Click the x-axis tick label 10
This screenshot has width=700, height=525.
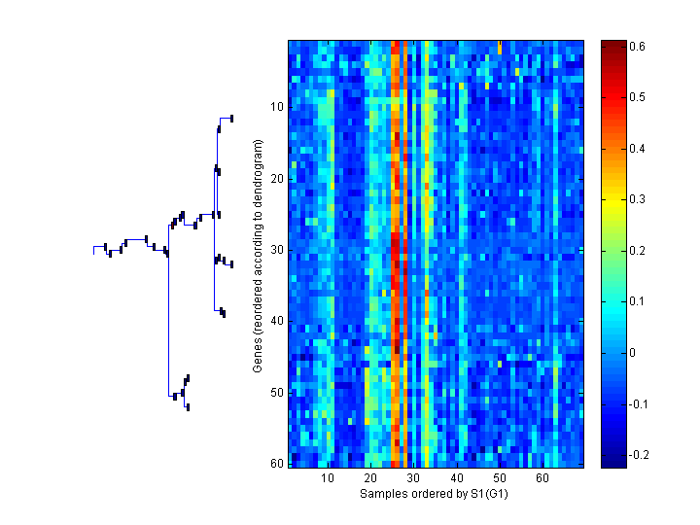pyautogui.click(x=329, y=478)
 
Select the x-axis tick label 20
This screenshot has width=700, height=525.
pyautogui.click(x=371, y=478)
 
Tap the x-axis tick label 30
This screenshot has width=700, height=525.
pyautogui.click(x=414, y=478)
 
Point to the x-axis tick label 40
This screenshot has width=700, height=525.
pyautogui.click(x=457, y=478)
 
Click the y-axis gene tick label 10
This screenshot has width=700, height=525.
pyautogui.click(x=277, y=107)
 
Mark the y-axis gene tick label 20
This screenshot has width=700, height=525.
pyautogui.click(x=277, y=179)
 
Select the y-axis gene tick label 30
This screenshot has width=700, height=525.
pyautogui.click(x=277, y=250)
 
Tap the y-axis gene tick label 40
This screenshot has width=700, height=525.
pyautogui.click(x=277, y=321)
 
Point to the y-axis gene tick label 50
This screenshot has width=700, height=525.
pyautogui.click(x=277, y=393)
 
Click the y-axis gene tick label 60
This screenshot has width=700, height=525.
pyautogui.click(x=277, y=464)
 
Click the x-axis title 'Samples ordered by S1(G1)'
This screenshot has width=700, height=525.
pyautogui.click(x=435, y=494)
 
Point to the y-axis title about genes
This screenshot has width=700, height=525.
pyautogui.click(x=258, y=256)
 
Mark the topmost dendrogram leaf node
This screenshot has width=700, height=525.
pyautogui.click(x=231, y=119)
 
